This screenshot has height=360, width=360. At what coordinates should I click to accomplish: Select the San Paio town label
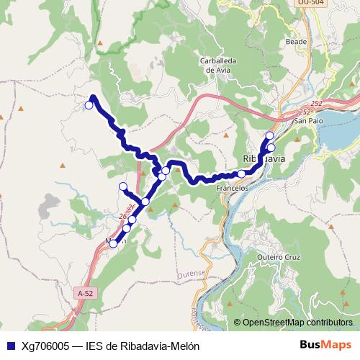click(x=307, y=120)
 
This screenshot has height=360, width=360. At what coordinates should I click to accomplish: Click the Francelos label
click(x=233, y=187)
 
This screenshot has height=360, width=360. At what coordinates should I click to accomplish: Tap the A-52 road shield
click(x=85, y=293)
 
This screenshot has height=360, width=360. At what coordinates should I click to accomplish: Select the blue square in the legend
click(x=9, y=345)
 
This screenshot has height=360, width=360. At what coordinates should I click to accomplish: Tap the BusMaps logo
click(x=325, y=344)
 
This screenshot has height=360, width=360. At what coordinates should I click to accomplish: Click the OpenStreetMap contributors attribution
click(x=297, y=323)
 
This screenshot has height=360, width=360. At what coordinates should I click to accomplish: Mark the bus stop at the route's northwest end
click(x=89, y=105)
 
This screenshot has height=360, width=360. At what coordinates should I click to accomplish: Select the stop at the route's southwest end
click(x=113, y=243)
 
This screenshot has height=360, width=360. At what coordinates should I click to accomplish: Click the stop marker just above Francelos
click(x=242, y=174)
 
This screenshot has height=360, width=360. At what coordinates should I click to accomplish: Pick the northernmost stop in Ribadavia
click(x=270, y=135)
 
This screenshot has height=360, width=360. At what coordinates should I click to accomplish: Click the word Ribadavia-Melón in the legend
click(x=158, y=345)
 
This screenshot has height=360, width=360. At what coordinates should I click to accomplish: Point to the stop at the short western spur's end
click(x=122, y=186)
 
